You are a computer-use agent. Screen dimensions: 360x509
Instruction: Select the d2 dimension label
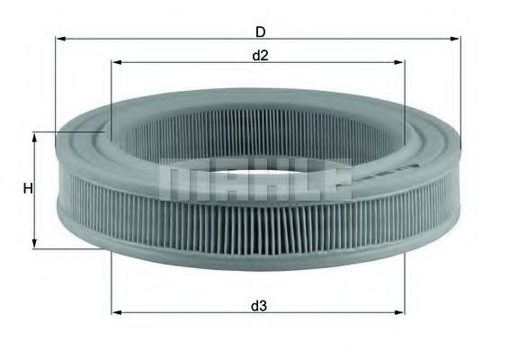pos(260,56)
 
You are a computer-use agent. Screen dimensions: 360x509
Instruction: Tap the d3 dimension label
pos(259,306)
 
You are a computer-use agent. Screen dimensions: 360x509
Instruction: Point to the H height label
pos(28,189)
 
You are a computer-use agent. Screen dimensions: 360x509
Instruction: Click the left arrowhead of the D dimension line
pos(60,39)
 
